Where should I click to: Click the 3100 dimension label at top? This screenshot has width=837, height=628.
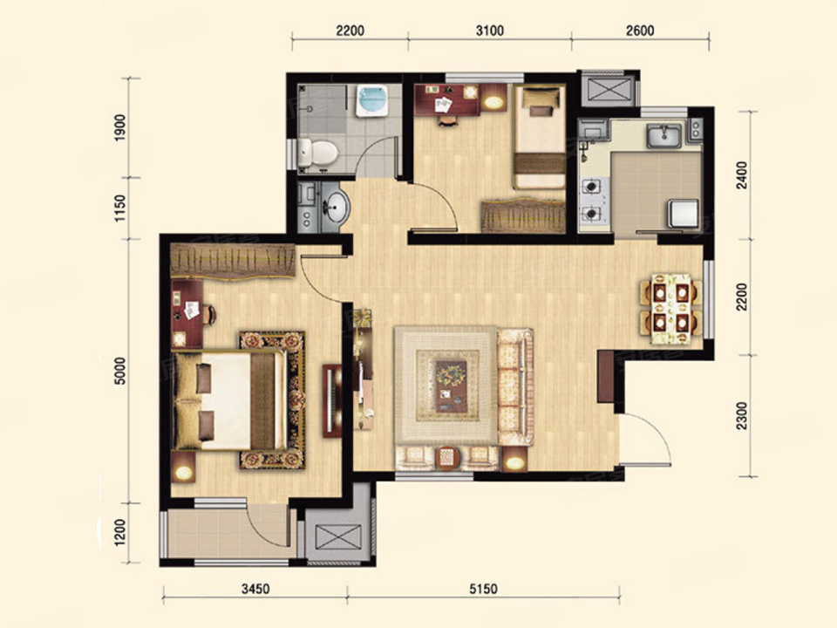489,31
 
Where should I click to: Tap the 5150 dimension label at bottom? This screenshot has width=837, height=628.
483,589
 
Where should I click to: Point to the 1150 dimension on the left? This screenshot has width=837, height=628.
120,208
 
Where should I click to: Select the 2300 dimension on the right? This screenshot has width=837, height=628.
742,416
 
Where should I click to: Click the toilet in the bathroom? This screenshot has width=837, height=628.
317,153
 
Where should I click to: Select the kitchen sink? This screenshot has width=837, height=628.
664,136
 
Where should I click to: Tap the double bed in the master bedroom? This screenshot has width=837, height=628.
229,400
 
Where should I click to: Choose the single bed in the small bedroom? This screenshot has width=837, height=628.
539,137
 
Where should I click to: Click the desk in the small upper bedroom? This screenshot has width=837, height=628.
447,99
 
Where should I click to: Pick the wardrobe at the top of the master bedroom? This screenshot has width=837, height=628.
233,261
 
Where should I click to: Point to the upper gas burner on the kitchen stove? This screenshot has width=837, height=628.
591,187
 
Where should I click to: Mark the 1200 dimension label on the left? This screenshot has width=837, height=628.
120,532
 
